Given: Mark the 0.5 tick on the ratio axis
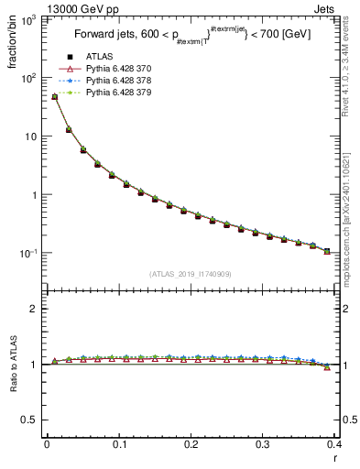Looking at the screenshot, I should [33, 420].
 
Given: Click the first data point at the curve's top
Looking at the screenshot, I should [54, 96].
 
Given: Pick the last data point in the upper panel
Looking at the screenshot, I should [327, 251].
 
